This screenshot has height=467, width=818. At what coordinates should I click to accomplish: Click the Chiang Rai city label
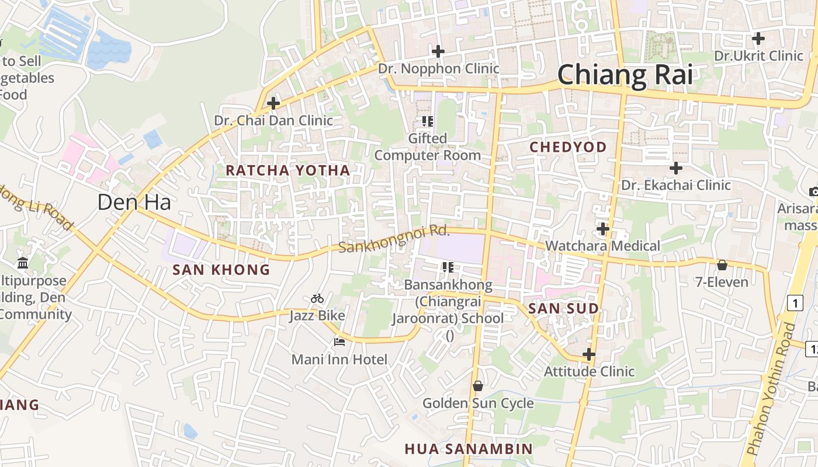pos(625,75)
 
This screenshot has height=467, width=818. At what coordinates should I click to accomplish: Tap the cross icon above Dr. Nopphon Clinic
pos(438,51)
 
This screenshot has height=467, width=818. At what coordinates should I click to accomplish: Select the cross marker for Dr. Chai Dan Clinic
pos(273,104)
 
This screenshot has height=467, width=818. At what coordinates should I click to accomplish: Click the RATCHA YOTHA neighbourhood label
pos(287,170)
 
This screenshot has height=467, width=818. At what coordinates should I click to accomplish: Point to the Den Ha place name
pos(134,203)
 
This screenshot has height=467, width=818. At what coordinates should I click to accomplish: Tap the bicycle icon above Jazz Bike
pos(317,298)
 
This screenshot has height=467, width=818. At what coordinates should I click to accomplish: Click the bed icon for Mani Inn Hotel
pos(339,342)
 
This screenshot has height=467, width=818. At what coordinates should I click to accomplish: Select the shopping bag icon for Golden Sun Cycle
pos(477,386)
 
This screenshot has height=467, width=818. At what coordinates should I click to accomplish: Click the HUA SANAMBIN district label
pos(469,448)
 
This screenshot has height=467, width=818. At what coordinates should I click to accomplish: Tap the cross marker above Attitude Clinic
pos(589,354)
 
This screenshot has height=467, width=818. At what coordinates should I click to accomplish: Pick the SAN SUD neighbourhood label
pos(563,309)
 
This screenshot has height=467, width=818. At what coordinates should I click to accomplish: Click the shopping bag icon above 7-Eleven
pos(722,265)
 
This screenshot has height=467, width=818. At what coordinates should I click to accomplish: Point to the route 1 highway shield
pos(795,302)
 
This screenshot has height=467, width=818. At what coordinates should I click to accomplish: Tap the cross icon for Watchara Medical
pos(603,228)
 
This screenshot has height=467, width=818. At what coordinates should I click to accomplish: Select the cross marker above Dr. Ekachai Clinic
pos(676,168)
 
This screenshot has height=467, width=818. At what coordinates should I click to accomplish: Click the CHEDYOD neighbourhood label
pos(568,147)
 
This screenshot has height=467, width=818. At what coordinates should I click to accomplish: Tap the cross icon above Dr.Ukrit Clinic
pos(758,39)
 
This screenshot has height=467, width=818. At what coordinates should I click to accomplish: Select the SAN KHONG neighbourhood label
pos(221,270)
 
